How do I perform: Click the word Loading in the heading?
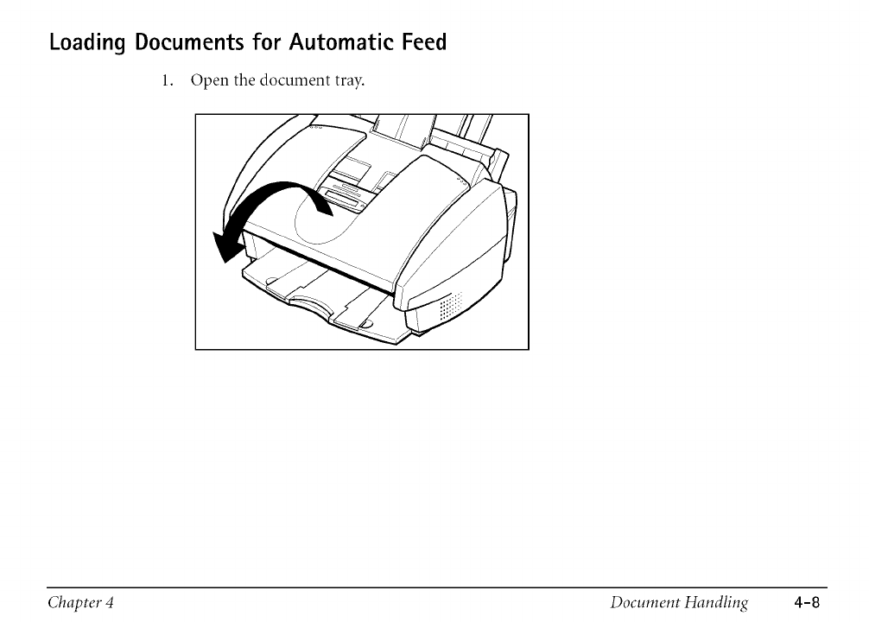(x=86, y=43)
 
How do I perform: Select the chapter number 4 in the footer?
(x=111, y=601)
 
